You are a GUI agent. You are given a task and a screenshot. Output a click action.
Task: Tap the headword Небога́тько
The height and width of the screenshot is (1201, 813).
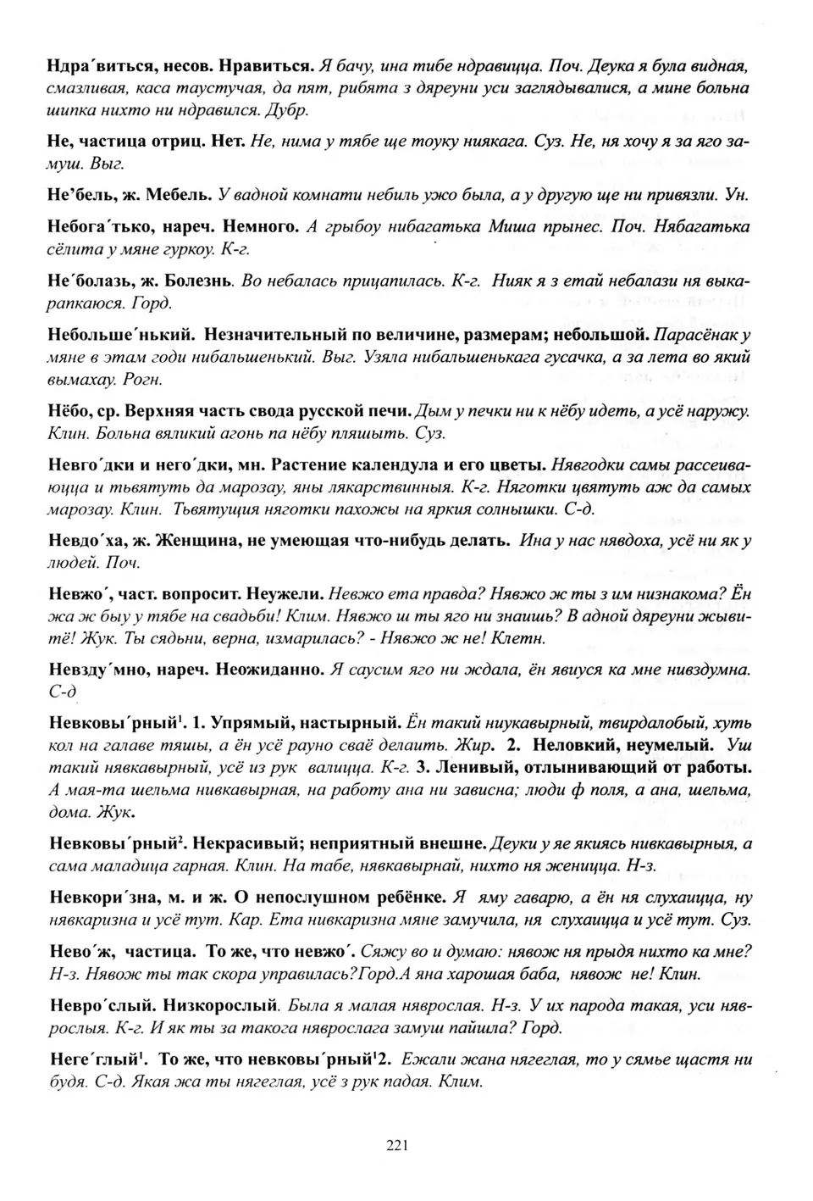tap(100, 227)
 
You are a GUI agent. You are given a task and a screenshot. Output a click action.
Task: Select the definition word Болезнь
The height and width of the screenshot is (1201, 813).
tap(202, 281)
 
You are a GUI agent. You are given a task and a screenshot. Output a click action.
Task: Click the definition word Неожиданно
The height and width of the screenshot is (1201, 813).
tap(270, 670)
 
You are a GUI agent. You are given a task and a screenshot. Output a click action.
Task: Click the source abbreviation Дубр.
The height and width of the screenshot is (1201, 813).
tap(287, 110)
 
